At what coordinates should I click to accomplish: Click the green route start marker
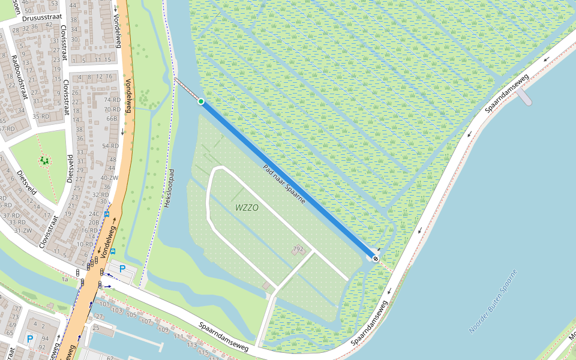coord(201,102)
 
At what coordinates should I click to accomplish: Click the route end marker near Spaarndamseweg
coord(376,259)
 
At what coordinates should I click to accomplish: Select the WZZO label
coord(247,208)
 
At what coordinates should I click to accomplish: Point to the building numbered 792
coord(298,248)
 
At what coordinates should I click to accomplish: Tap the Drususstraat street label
coord(42,17)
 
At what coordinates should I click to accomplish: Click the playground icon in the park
coord(44,161)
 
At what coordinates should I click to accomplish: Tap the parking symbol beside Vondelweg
coord(123,269)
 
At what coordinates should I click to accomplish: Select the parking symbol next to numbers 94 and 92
coord(30,340)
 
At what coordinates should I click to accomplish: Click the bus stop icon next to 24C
coord(107,214)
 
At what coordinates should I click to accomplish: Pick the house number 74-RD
coord(112,100)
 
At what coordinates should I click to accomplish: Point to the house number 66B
coord(112,118)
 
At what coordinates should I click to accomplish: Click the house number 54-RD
coord(110,146)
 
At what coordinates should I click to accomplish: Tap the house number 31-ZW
coord(23,230)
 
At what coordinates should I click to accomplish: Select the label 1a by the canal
coord(64,279)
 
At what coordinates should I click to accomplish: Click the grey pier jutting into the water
coord(524,97)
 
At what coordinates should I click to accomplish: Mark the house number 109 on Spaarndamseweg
coord(163,330)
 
